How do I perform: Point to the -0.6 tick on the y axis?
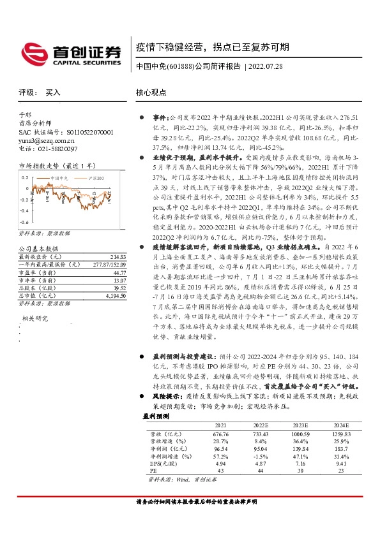click(x=23, y=220)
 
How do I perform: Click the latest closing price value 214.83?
click(x=118, y=256)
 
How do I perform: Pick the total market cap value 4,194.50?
click(x=116, y=295)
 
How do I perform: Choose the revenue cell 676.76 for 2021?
click(x=220, y=433)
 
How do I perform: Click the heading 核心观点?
click(x=151, y=92)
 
